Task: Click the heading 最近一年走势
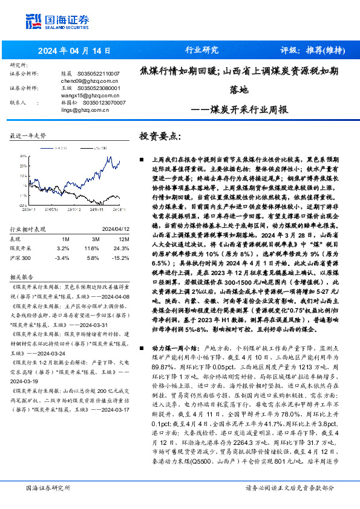(x=28, y=136)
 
